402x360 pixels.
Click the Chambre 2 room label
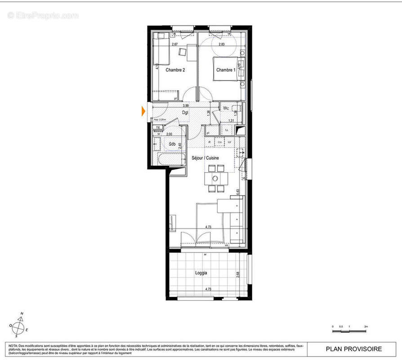pyautogui.click(x=175, y=70)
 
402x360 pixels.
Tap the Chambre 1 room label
pyautogui.click(x=225, y=70)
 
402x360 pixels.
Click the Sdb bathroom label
pyautogui.click(x=172, y=144)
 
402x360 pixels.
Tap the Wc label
pyautogui.click(x=226, y=108)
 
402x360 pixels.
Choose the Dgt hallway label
pyautogui.click(x=185, y=112)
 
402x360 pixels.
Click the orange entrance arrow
pyautogui.click(x=143, y=110)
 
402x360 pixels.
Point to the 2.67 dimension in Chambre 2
pyautogui.click(x=175, y=45)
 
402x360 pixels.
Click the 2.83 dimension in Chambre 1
pyautogui.click(x=222, y=45)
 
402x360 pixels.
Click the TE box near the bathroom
pyautogui.click(x=157, y=128)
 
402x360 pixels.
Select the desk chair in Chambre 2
pyautogui.click(x=183, y=52)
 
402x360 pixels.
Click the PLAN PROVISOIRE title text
pyautogui.click(x=354, y=349)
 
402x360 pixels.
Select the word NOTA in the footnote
pyautogui.click(x=13, y=345)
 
